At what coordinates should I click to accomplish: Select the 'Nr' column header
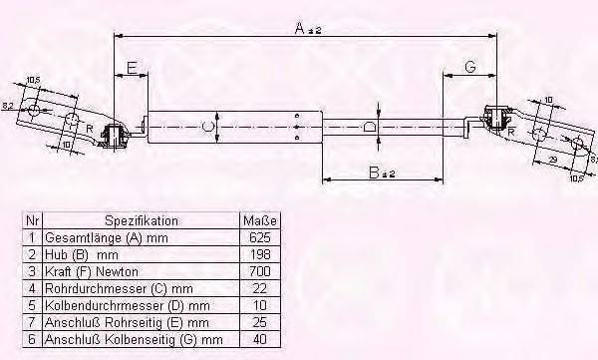coord(31,220)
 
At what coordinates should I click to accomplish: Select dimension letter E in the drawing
coord(132,68)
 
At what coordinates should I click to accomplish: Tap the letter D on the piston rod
coord(370,127)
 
